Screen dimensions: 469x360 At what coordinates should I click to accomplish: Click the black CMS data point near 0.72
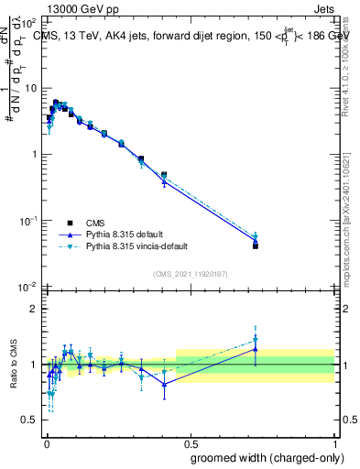click(255, 245)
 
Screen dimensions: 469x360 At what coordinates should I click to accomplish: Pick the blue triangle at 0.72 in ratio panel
click(255, 349)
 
